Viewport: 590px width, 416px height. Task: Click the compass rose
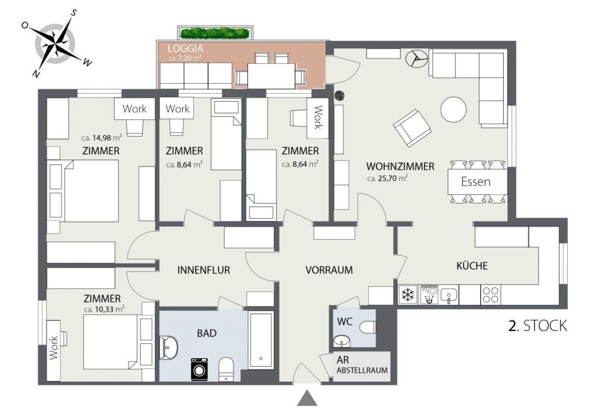[56, 43]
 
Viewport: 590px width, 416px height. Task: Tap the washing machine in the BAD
[199, 369]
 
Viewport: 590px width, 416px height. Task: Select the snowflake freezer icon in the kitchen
[408, 294]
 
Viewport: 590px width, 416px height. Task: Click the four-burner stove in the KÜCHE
[491, 294]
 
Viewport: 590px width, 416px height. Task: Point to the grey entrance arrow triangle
[307, 398]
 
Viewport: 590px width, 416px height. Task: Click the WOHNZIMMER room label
[401, 166]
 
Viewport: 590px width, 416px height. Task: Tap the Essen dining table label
[476, 182]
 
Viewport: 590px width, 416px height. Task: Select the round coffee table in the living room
[453, 109]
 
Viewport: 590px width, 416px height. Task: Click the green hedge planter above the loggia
[215, 33]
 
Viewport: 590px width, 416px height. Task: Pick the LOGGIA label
[185, 48]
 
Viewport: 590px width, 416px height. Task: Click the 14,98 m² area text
[107, 138]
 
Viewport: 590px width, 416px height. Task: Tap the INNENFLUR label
[204, 270]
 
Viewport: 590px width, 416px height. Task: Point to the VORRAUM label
[329, 270]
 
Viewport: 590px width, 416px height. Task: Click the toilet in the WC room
[368, 327]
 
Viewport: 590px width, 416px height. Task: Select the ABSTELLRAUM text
[362, 370]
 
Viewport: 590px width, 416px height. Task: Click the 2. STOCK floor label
[537, 326]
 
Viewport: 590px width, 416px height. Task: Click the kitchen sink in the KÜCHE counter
[449, 294]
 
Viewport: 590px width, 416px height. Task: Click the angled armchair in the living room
[412, 128]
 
